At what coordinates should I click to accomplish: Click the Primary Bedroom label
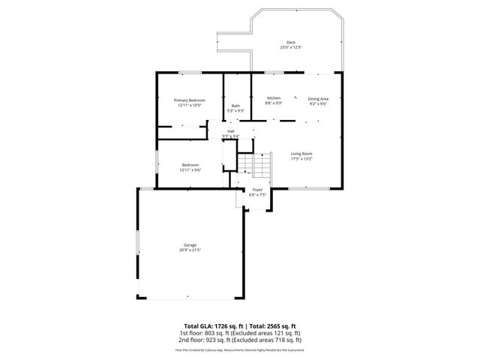[x=189, y=100]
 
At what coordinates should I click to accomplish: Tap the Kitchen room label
[x=274, y=98]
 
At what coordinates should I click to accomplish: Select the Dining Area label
[x=318, y=98]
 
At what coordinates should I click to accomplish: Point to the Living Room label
[x=301, y=154]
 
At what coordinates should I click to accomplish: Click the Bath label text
[x=235, y=106]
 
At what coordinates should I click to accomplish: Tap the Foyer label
[x=257, y=190]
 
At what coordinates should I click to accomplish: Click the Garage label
[x=190, y=244]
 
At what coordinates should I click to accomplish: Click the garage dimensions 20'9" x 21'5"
[x=190, y=250]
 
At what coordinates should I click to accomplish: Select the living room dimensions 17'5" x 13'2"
[x=301, y=159]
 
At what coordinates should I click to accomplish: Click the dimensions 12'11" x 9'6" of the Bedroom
[x=190, y=170]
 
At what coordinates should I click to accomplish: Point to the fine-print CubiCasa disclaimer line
[x=240, y=349]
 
